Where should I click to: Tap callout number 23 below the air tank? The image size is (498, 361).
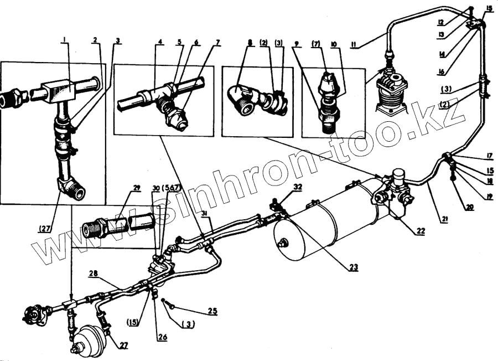(354, 267)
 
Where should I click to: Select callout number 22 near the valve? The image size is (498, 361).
(421, 231)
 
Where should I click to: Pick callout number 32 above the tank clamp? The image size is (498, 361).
(298, 188)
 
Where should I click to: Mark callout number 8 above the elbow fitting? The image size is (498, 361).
(250, 42)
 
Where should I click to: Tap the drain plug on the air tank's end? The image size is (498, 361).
(283, 243)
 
